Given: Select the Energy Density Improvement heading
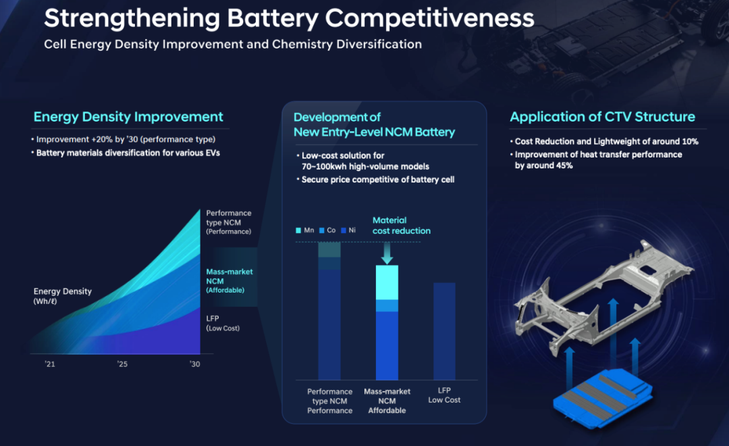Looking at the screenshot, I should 128,117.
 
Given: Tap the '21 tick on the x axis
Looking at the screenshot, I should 49,364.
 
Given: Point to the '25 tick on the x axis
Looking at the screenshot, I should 122,364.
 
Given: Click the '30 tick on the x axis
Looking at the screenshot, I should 194,364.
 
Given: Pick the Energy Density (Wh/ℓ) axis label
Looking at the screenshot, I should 63,296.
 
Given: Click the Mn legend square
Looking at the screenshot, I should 298,230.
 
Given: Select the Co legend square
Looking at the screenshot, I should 321,230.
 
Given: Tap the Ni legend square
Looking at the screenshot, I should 344,230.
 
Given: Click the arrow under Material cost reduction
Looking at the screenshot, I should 386,253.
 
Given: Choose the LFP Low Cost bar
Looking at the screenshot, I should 444,331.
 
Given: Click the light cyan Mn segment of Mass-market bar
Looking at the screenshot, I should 387,282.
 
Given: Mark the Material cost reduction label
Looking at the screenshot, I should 401,226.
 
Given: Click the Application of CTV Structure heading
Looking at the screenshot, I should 602,117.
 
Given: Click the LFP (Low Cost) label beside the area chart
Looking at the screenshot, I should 223,322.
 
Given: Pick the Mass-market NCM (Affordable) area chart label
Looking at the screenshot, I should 230,280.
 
